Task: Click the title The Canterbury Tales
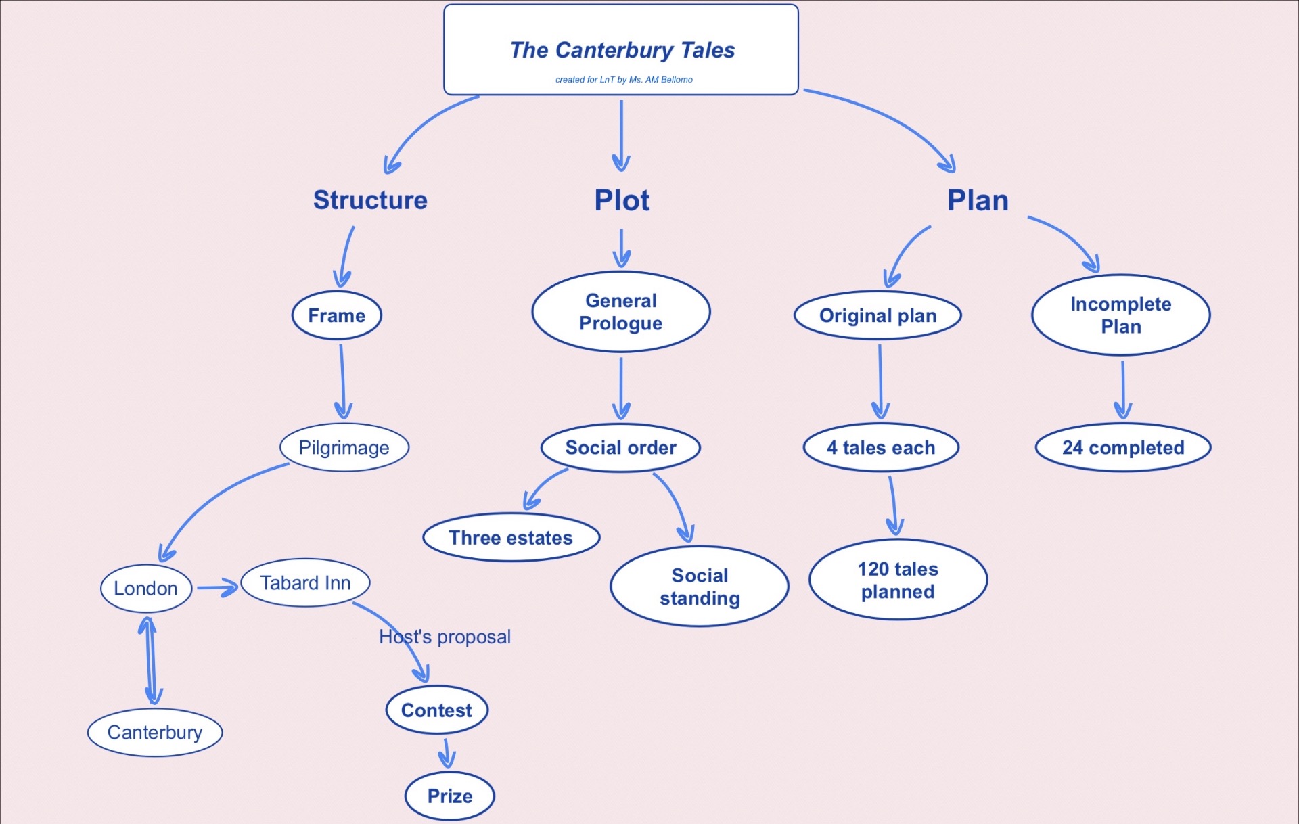[622, 50]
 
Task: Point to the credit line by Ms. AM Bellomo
[624, 79]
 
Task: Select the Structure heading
[370, 200]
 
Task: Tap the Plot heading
[622, 200]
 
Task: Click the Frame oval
[337, 315]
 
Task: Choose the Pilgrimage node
[344, 447]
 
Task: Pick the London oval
[146, 589]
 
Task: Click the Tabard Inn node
[306, 582]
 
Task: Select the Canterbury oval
[155, 732]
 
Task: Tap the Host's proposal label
[445, 637]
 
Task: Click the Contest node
[437, 710]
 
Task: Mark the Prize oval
[450, 796]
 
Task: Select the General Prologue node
[621, 312]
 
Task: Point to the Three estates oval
[511, 538]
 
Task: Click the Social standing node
[700, 587]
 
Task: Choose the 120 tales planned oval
[898, 580]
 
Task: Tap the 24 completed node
[1123, 447]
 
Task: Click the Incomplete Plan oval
[1121, 315]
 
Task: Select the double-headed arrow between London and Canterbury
[150, 660]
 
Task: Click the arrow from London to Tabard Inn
[218, 588]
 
